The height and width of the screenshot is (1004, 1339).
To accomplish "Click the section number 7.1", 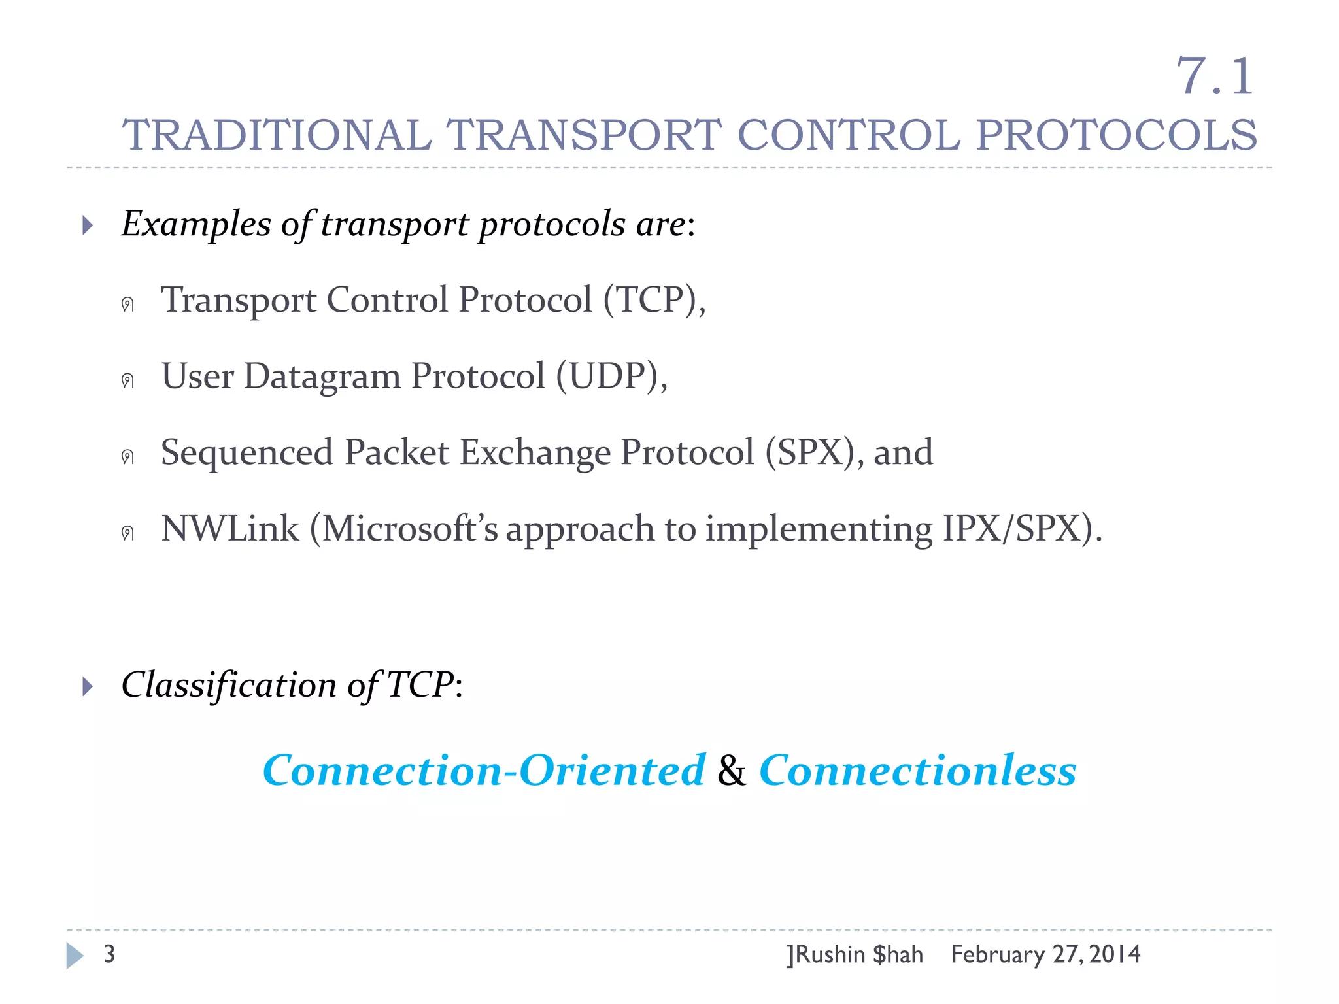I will click(1215, 76).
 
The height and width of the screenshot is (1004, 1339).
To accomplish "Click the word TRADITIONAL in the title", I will click(277, 135).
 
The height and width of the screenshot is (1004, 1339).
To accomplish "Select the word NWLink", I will click(229, 529).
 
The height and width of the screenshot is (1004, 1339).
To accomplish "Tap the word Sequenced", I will click(247, 452).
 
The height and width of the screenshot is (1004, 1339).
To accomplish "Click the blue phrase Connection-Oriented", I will click(484, 770).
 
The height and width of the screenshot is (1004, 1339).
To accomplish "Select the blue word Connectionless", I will click(917, 770).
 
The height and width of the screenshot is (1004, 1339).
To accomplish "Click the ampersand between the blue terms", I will click(732, 771).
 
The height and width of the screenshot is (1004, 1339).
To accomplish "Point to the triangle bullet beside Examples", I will click(88, 226).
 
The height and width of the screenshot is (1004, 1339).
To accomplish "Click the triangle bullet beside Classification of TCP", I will click(88, 686).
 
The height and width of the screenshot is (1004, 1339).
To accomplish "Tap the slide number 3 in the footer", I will click(109, 954).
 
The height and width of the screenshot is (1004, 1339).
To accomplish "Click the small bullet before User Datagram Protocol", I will click(127, 380).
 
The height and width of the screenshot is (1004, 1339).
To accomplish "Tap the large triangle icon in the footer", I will click(75, 956).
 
